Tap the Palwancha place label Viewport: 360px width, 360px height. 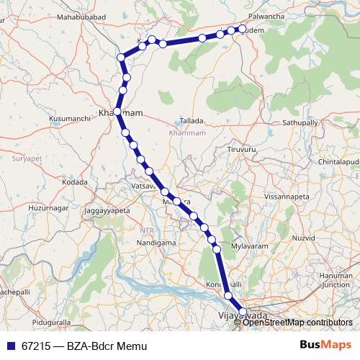[267, 14]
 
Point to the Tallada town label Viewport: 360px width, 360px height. [192, 121]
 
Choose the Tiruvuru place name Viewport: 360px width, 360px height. [241, 149]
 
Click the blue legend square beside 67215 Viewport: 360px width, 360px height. [11, 346]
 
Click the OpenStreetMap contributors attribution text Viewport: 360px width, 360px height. [297, 322]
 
